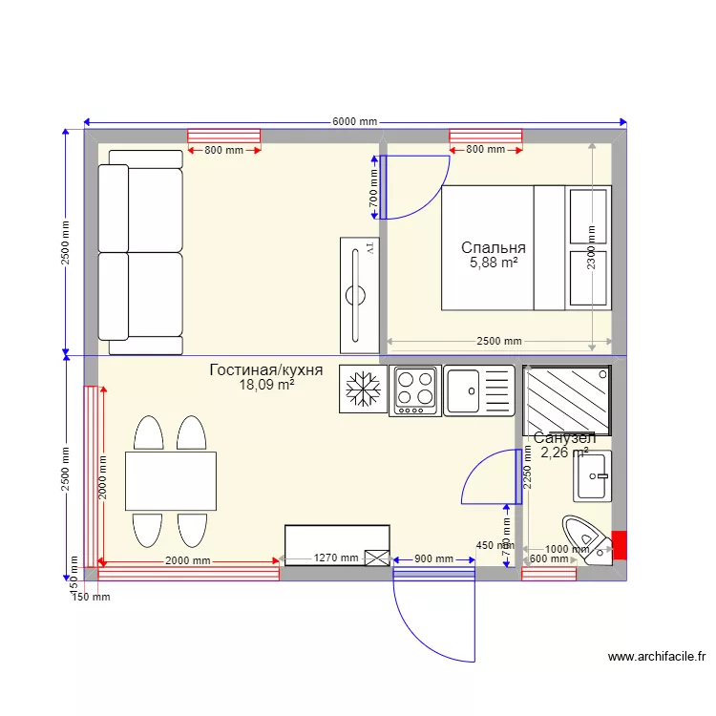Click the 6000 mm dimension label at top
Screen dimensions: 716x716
(x=355, y=122)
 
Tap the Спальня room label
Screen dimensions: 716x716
(x=493, y=247)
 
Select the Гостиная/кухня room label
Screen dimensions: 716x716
(x=266, y=369)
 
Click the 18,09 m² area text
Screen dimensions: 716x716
(x=266, y=386)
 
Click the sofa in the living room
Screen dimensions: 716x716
(x=140, y=252)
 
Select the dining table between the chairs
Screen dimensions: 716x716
(x=170, y=480)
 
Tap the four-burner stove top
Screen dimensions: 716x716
(x=414, y=390)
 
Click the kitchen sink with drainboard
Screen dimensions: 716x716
(x=478, y=390)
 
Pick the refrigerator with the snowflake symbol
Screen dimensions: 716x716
(x=363, y=390)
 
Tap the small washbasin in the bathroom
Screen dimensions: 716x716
(x=594, y=476)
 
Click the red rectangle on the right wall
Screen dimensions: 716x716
(x=619, y=544)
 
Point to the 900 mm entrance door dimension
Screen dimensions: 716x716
(x=432, y=559)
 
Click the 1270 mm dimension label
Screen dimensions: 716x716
(x=336, y=558)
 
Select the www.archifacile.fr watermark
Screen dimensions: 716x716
(x=656, y=657)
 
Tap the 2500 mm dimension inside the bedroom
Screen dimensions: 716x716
(x=499, y=341)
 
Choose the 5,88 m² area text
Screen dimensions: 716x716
(x=494, y=263)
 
